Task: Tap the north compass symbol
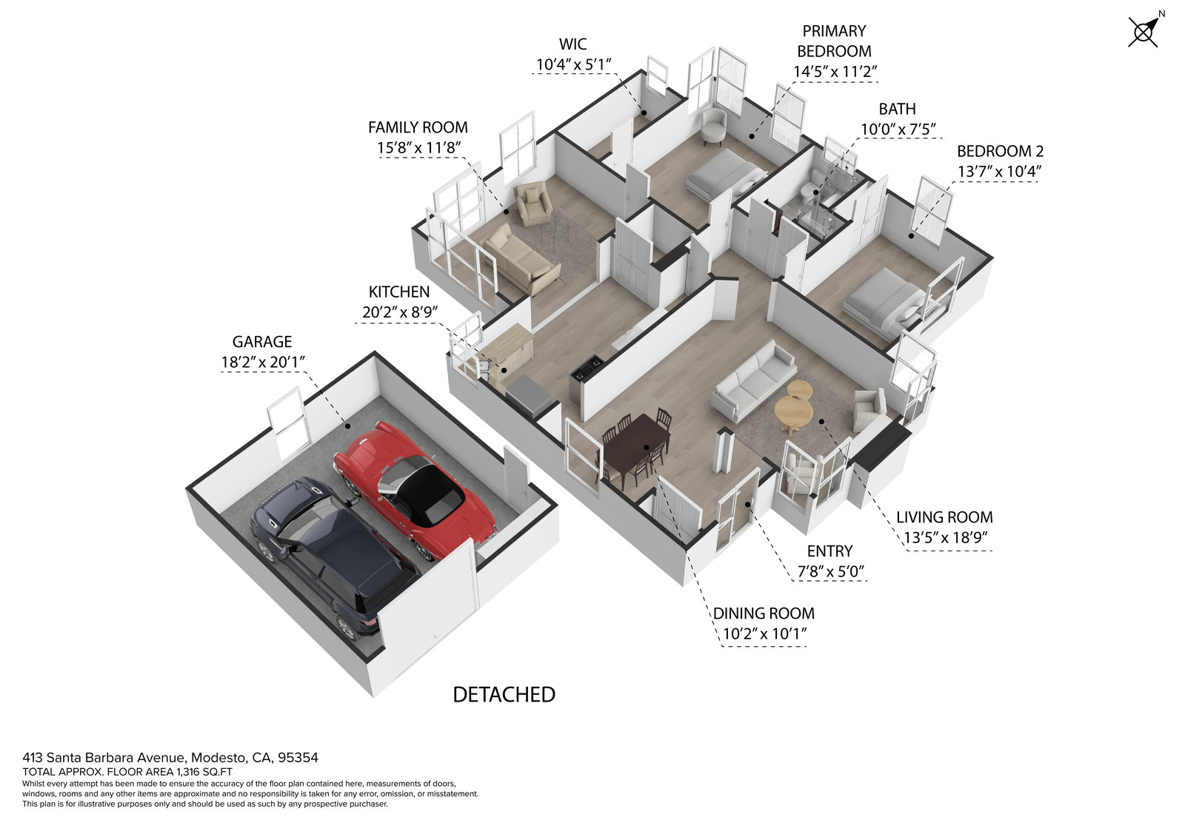point(1144,33)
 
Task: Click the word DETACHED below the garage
point(504,695)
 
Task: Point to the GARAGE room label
point(262,342)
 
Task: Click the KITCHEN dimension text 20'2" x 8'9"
point(399,312)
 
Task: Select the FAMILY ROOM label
point(418,127)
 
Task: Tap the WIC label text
point(573,44)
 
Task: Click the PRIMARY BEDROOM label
point(834,41)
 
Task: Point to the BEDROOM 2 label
point(1000,151)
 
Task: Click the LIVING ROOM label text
point(944,517)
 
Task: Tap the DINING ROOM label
point(764,614)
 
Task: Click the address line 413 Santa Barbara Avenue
point(170,758)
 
